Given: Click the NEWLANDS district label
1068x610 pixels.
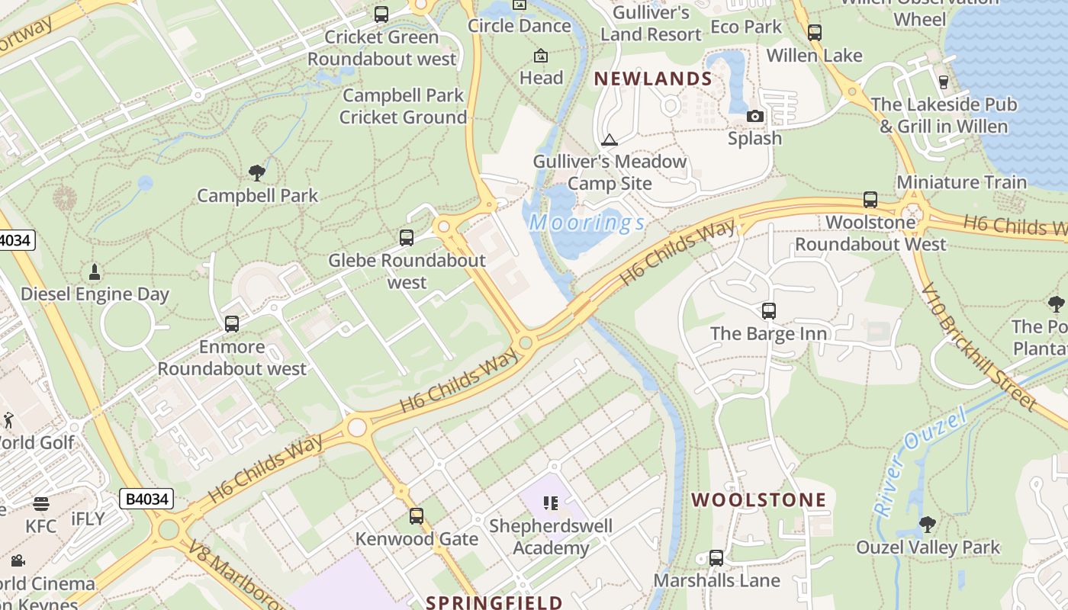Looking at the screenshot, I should point(653,79).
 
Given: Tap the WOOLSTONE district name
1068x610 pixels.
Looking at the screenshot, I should point(758,500).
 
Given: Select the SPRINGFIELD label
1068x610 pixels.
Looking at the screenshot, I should point(494,602).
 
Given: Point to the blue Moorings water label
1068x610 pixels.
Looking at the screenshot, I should point(587,223).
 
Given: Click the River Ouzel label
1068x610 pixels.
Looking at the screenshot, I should point(920,461).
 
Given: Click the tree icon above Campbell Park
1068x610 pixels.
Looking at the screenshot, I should point(257,173).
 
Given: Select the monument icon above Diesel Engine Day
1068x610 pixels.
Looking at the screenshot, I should point(95,271).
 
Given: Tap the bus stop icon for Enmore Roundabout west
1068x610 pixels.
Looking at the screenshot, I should point(232,324).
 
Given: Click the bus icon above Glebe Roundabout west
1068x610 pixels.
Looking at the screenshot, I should point(407,238).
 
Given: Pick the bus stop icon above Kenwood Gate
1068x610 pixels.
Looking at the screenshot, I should point(416,516).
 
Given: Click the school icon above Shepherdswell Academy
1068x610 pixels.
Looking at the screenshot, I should point(551,503).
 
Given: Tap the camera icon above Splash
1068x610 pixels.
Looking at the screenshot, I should point(755,116).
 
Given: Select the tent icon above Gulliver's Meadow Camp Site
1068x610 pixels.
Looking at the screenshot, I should point(609,140).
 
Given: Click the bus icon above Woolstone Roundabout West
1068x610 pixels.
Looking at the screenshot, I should point(870,200).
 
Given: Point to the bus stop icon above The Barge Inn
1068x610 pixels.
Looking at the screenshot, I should point(769,311).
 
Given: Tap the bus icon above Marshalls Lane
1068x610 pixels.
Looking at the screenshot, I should point(716,558).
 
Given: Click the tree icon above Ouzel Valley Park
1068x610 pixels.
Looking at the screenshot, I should point(928,525).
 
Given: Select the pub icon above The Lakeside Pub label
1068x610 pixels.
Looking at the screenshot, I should point(944,82).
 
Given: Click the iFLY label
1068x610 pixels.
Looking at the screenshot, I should point(88,519).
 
